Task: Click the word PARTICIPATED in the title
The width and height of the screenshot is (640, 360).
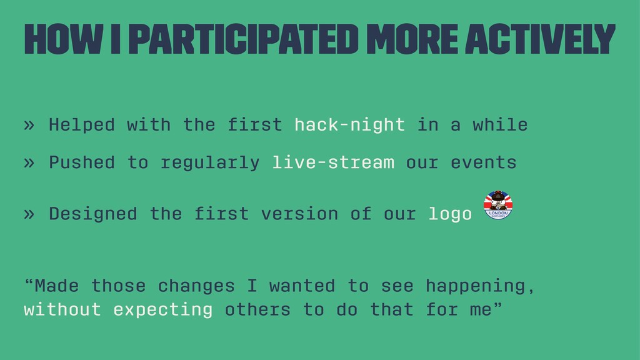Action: point(246,39)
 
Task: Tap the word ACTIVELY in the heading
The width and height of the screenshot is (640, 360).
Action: point(540,39)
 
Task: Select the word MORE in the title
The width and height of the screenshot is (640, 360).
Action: point(412,39)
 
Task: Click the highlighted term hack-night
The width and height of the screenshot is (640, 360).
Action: point(350,124)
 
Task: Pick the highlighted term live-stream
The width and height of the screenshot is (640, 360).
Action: point(333,162)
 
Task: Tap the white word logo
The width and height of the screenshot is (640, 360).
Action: point(450,214)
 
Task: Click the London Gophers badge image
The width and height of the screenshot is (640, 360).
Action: point(498,205)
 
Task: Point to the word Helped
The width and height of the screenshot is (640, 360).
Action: point(82,124)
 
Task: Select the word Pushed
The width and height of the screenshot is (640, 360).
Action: point(82,162)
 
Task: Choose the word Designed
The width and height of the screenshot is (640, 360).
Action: point(93,214)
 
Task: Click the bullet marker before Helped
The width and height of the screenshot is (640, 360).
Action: point(29,125)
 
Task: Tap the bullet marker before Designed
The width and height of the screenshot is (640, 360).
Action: point(29,214)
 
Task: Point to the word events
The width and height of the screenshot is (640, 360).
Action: point(484,162)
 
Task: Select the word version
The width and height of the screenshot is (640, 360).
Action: point(299,214)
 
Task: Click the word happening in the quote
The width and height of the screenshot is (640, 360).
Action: point(476,286)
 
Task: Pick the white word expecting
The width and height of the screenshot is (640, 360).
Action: point(163,310)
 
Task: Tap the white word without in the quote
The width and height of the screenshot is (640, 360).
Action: point(62,309)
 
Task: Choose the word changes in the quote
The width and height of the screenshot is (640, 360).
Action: point(196,286)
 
